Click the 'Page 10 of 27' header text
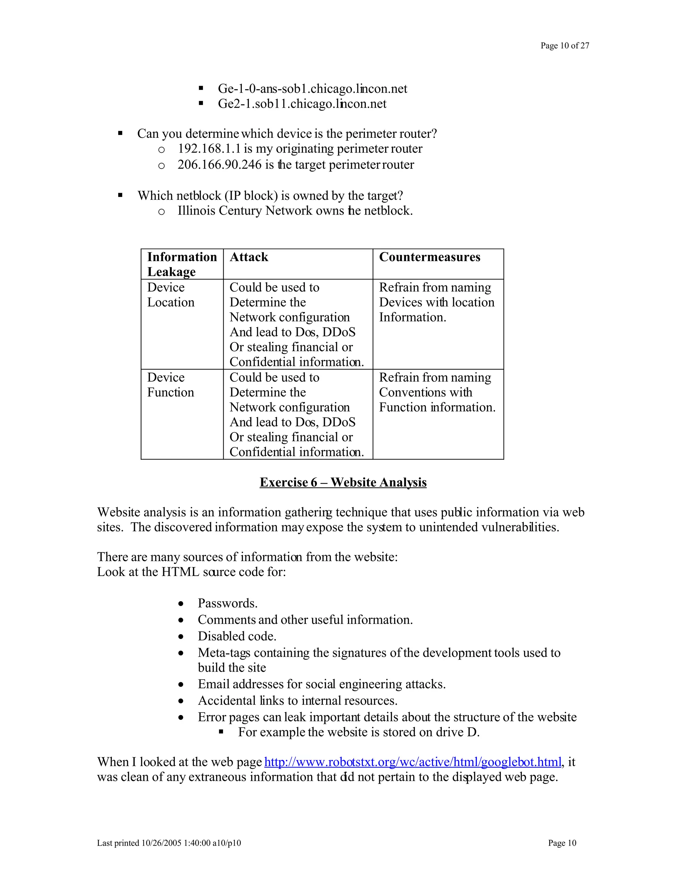point(564,46)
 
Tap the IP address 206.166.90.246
point(219,165)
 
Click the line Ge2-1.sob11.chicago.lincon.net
point(302,104)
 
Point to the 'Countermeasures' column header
point(429,257)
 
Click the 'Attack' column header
point(249,257)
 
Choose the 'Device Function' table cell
point(171,385)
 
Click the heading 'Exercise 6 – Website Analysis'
point(343,482)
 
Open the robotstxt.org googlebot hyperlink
point(412,762)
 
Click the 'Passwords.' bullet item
point(227,603)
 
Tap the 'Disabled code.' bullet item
point(237,636)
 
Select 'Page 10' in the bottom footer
point(562,843)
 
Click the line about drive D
point(358,732)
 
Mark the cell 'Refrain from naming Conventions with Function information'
point(437,392)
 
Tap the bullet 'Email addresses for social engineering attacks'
point(322,684)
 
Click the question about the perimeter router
point(287,134)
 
